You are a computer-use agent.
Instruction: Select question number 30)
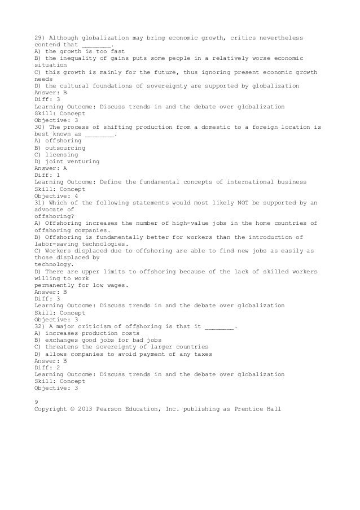tap(40, 127)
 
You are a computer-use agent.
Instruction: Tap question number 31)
tap(40, 202)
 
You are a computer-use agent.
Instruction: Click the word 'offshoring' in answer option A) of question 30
tap(63, 141)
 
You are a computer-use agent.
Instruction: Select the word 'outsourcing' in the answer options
tap(64, 147)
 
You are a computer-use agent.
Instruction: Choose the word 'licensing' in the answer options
tap(60, 154)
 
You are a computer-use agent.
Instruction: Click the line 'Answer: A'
tap(51, 168)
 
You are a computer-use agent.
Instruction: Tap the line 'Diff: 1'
tap(47, 175)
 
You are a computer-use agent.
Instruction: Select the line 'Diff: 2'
tap(47, 368)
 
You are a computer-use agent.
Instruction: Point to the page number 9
tap(36, 401)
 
